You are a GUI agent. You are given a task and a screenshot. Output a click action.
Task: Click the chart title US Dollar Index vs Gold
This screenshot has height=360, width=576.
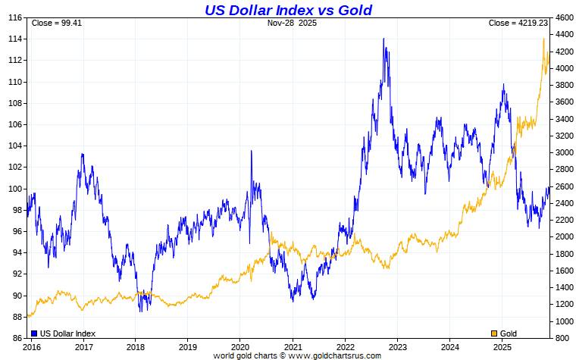288,10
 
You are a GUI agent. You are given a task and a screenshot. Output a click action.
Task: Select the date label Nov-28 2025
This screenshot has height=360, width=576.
293,23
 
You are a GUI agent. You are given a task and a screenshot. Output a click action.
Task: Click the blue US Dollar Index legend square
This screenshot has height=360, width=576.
34,333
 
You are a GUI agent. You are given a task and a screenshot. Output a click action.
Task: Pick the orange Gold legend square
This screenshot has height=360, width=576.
495,333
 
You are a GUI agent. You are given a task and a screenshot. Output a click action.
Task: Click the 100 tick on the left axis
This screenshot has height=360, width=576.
14,189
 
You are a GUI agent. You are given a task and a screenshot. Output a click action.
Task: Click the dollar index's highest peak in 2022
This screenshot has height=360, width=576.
383,39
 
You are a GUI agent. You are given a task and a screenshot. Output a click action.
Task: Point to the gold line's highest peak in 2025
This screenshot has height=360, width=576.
543,39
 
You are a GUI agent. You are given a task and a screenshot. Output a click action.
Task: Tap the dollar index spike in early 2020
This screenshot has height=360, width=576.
252,151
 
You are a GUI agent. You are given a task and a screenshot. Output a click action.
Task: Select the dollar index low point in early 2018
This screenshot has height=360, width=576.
140,311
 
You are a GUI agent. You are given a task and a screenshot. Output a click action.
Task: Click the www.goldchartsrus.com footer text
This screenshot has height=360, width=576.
334,355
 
